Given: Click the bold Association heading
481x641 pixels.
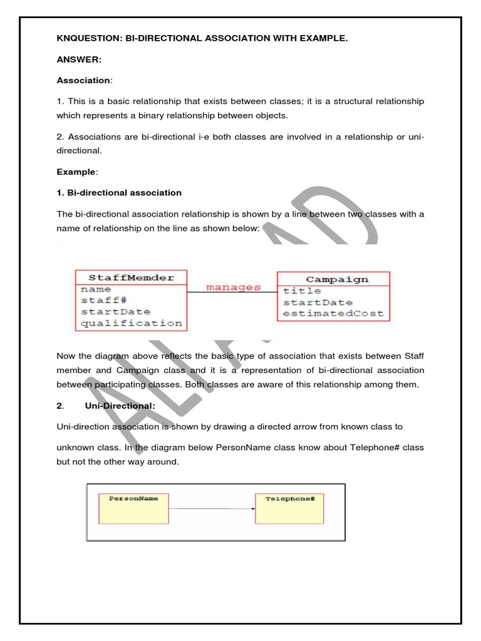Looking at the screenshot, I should [83, 80].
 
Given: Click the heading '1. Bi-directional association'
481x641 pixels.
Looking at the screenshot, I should [119, 192].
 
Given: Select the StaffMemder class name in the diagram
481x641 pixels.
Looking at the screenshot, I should [131, 277].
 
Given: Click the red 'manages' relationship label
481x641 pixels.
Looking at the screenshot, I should [233, 287].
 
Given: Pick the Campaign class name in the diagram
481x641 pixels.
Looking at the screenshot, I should [337, 279].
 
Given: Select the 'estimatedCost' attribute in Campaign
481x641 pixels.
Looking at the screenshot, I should [333, 313].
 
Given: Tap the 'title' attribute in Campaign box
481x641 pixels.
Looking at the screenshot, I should [302, 290].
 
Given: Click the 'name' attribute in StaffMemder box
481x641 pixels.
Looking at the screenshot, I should [96, 289].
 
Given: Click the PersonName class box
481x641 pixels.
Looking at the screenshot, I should [133, 508].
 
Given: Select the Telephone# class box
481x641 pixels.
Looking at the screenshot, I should [289, 508].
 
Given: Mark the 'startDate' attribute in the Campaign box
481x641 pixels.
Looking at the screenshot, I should [318, 302].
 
